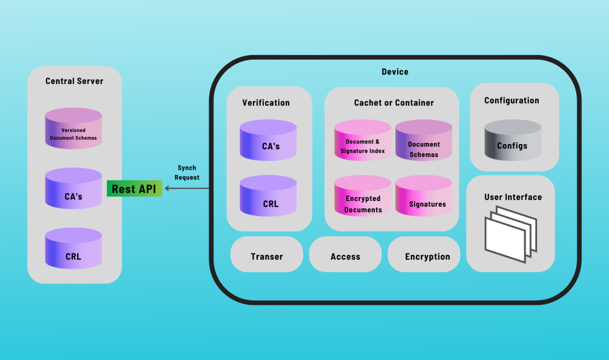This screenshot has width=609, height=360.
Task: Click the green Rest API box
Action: coord(134,189)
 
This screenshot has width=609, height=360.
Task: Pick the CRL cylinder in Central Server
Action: coord(74,252)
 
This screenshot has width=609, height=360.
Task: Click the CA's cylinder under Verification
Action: coord(268,142)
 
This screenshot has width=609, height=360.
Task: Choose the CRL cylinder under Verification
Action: coord(268,199)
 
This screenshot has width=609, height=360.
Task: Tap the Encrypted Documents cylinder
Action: coord(363,200)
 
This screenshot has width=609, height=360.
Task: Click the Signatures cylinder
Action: coord(424,200)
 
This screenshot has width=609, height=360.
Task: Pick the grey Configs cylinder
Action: coord(513,142)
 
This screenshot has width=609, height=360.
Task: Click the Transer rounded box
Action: coord(267,256)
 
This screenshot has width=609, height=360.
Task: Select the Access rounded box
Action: coord(345,256)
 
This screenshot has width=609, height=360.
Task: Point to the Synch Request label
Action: coord(187,173)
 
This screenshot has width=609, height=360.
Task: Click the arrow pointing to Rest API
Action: coord(187,189)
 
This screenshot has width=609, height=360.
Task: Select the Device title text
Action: coord(395,71)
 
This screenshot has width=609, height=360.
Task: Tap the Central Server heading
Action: coord(74,81)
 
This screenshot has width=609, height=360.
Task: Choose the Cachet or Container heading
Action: coord(394,102)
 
